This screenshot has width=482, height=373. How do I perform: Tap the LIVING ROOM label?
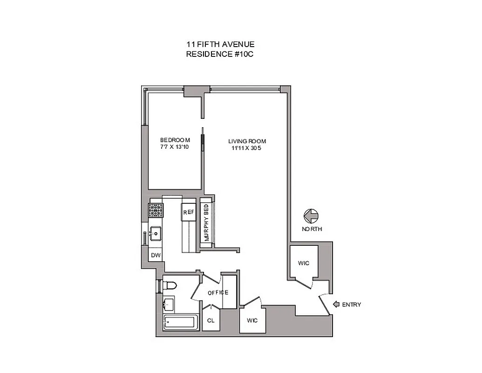click(x=247, y=141)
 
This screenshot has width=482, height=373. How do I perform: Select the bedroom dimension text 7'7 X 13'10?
click(x=175, y=148)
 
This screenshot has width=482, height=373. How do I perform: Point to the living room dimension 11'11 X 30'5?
click(x=247, y=148)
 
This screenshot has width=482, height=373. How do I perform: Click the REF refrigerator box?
click(x=188, y=212)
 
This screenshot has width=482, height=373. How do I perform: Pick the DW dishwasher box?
click(x=156, y=255)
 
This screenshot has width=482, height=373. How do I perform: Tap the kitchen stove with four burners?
click(x=155, y=211)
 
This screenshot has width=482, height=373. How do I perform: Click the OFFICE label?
click(x=218, y=292)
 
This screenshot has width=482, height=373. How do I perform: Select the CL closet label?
click(x=210, y=320)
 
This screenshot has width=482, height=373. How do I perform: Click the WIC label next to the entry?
click(x=304, y=263)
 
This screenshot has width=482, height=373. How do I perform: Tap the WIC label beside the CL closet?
click(x=252, y=320)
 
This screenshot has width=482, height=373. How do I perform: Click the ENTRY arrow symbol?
click(x=336, y=304)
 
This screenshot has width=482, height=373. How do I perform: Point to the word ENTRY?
click(x=352, y=305)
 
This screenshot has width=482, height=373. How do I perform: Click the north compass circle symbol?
click(x=311, y=216)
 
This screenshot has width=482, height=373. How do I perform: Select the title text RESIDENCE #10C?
click(x=220, y=54)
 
